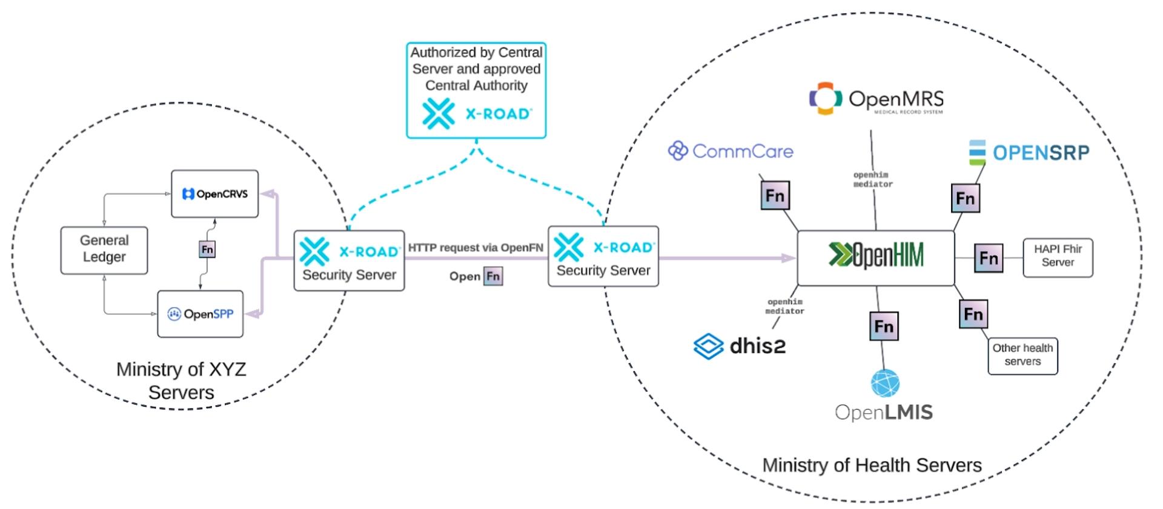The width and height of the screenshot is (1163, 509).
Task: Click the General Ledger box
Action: tap(104, 250)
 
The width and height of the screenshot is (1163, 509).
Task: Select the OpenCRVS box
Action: tap(214, 194)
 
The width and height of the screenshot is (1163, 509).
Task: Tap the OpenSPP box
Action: tap(200, 314)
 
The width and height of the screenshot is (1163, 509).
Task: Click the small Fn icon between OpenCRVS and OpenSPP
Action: tap(207, 249)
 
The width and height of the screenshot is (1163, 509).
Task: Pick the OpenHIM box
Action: tap(875, 258)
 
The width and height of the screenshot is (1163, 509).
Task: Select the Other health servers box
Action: tap(1022, 356)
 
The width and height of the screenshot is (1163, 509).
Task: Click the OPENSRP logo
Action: tap(1029, 153)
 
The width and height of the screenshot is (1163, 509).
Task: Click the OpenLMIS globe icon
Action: tap(885, 384)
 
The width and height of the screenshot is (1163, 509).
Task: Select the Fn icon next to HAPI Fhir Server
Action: tap(989, 258)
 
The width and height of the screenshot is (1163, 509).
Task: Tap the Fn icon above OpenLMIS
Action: tap(884, 327)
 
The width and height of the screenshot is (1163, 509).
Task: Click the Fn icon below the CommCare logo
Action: tap(775, 196)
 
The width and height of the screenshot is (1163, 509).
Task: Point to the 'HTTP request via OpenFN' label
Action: tap(475, 247)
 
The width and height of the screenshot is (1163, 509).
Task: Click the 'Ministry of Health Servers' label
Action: tap(872, 465)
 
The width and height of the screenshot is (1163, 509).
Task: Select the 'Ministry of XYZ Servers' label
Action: tap(181, 381)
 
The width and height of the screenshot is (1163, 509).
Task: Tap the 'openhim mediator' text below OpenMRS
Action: tap(873, 179)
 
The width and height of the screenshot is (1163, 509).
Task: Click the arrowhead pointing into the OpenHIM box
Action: tap(789, 258)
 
